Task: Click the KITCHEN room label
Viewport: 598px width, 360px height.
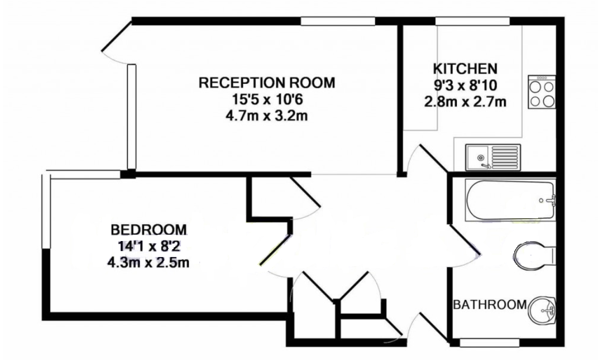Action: point(465,68)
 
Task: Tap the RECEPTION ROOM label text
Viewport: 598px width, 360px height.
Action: point(267,82)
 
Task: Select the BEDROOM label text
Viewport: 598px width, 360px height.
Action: point(149,230)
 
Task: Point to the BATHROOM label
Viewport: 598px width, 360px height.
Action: point(490,305)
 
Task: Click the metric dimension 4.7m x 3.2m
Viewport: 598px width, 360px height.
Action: point(266,115)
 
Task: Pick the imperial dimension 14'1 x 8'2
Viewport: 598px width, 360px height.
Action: point(149,246)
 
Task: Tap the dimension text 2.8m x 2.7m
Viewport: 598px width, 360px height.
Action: point(465,102)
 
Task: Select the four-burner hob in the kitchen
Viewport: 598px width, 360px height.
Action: point(542,92)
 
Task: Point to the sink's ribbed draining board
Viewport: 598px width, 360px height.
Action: point(505,157)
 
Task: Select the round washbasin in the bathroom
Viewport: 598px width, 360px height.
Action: point(542,310)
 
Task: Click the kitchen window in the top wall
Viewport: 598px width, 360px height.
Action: point(473,21)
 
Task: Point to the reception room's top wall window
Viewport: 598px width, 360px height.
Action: point(338,21)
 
